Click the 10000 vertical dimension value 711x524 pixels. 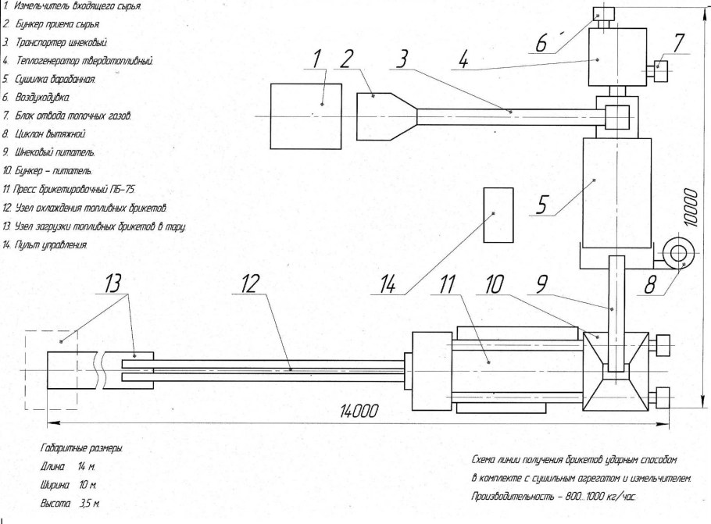[691, 207]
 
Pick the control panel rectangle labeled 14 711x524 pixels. [498, 215]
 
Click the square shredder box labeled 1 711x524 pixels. [305, 116]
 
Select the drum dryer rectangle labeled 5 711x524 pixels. [617, 191]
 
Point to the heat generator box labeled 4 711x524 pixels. [617, 59]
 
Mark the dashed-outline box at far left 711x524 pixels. [52, 369]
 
